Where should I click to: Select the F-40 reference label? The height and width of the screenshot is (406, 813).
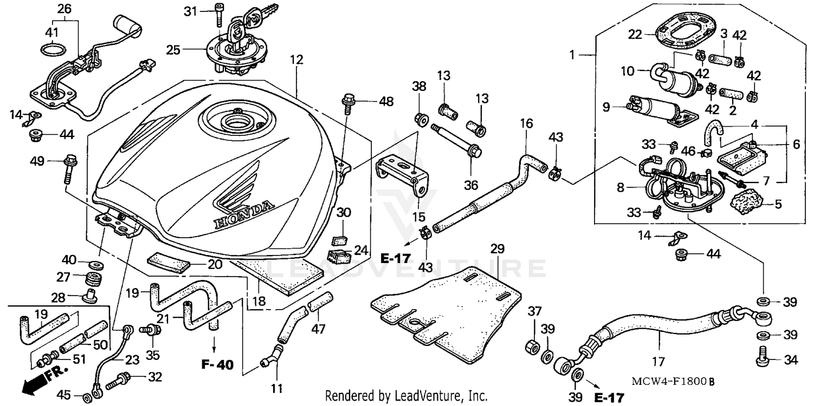click(217, 365)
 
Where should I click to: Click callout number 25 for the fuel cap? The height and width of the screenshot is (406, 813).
click(173, 50)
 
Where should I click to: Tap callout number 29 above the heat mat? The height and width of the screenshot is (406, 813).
click(498, 249)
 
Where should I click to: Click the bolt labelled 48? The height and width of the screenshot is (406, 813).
click(347, 101)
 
